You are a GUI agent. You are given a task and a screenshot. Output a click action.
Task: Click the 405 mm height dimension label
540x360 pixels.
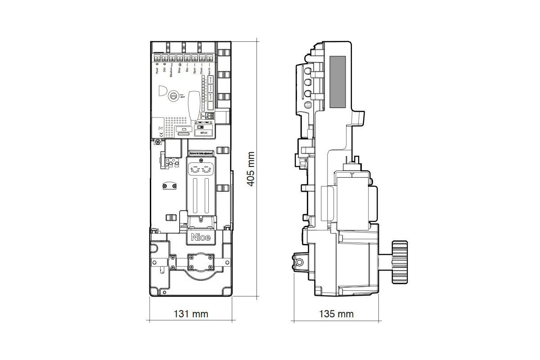coord(251,168)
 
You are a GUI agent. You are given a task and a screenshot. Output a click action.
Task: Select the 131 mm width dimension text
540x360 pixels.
coord(191,314)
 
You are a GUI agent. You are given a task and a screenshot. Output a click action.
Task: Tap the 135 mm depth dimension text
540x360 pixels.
coord(336,314)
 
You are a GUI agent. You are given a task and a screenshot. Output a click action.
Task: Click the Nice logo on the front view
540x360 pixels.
coord(201,237)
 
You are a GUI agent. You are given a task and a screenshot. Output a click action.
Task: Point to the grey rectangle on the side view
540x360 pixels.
coord(337,82)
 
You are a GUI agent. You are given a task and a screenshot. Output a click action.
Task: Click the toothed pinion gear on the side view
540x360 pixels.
coord(399,262)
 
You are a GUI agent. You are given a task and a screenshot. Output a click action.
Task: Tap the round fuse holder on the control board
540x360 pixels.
coord(174,95)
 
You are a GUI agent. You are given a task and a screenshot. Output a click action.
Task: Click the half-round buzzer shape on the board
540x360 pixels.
coord(162,92)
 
